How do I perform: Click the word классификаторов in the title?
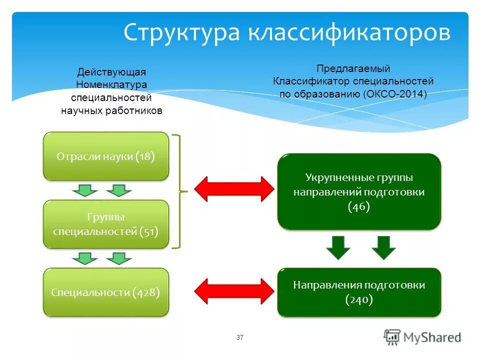pos(347,33)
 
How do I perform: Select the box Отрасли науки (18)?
pos(106,156)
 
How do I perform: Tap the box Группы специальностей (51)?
pos(106,224)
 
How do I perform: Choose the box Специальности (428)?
pos(106,292)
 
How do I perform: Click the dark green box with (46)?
pos(359,192)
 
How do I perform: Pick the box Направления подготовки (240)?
pos(359,292)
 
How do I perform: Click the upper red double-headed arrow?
pos(234,189)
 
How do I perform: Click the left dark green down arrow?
pos(339,247)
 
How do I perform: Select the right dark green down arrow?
pos(383,247)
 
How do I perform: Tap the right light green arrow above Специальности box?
pos(119,258)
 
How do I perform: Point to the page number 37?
pos(240,338)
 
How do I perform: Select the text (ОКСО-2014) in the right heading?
pos(395,93)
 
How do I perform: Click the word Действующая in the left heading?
pos(111,72)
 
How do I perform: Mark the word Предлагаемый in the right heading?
pos(353,68)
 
